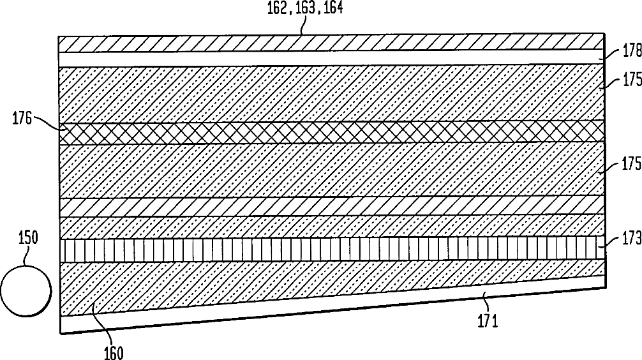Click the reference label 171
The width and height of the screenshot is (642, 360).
click(486, 320)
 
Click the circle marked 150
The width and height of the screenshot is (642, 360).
click(26, 291)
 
